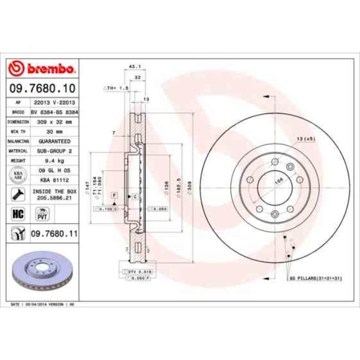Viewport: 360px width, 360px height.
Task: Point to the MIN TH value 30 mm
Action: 54,131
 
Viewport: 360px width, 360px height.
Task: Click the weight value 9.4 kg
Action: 54,160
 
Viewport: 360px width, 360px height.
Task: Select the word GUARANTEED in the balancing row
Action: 54,141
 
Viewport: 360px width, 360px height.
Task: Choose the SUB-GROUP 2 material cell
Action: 54,150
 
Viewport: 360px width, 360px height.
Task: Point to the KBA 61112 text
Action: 54,180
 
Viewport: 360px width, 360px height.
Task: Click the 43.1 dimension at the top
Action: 133,66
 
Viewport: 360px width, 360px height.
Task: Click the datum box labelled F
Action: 114,196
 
